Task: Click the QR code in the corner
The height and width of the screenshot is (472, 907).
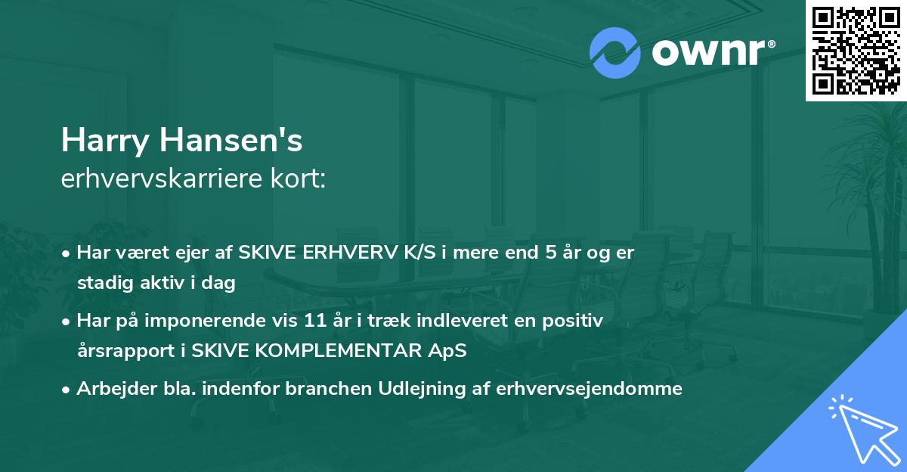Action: [856, 50]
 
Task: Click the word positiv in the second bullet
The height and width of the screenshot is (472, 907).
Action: [578, 321]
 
